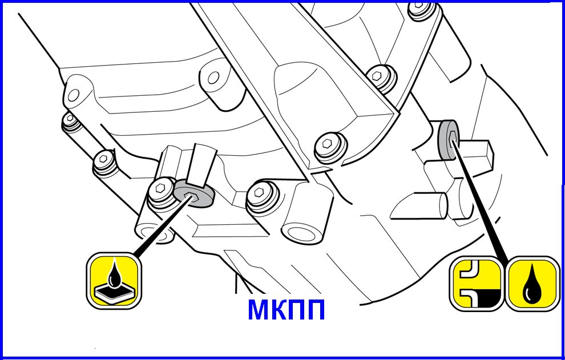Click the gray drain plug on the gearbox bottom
193,194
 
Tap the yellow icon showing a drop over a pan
114,281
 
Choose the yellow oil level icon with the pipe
477,284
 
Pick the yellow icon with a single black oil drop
532,284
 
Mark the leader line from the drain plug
161,226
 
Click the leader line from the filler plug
481,200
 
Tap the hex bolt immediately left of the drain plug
161,189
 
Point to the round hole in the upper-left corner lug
74,95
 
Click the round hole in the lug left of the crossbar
213,77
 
